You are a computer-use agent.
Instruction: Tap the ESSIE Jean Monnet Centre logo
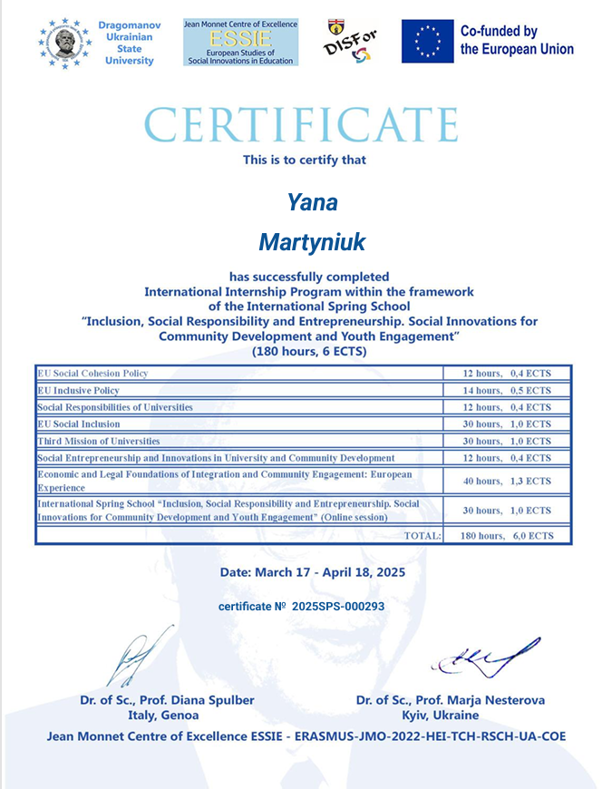[239, 41]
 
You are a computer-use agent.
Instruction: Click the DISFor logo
[349, 43]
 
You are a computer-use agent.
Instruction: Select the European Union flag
[427, 42]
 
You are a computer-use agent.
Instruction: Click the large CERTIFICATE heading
[301, 125]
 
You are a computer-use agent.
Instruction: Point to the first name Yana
[312, 201]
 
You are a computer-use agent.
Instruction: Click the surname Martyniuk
[311, 242]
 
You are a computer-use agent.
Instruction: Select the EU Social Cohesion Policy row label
[92, 374]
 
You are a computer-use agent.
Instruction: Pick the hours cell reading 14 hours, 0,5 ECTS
[507, 391]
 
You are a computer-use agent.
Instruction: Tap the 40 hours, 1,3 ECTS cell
[507, 481]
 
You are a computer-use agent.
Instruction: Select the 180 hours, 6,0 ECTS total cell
[506, 536]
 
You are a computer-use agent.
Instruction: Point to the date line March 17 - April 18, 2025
[312, 572]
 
